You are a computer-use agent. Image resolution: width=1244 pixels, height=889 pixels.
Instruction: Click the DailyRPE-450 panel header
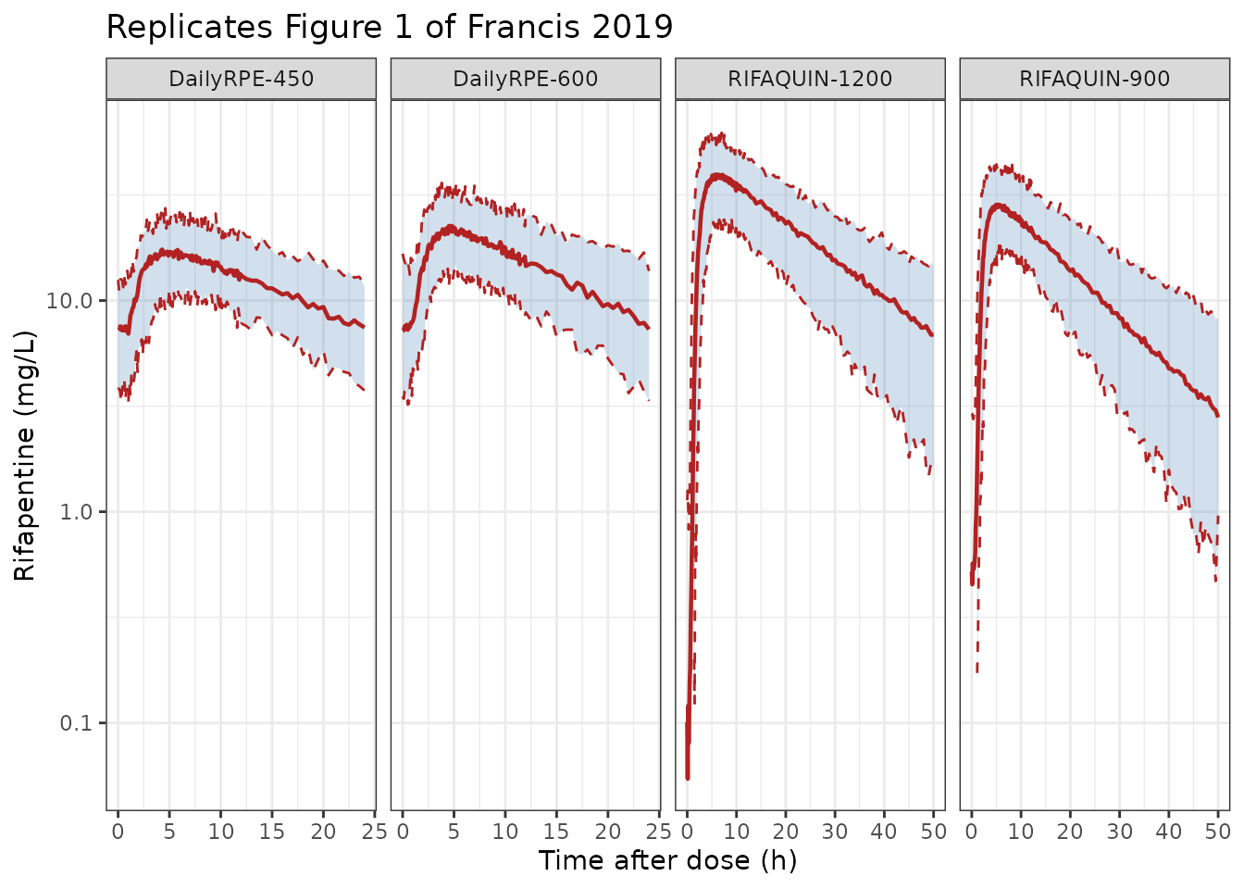[241, 79]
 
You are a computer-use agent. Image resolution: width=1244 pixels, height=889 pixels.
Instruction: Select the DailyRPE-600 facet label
[526, 79]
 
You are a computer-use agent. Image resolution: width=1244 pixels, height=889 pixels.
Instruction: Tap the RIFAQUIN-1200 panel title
[810, 79]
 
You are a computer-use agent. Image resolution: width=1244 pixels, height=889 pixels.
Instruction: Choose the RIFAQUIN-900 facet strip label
[1095, 79]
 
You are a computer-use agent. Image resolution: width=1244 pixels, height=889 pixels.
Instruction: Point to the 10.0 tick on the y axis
[68, 301]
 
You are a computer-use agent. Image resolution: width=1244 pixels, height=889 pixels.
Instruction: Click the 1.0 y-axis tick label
[76, 512]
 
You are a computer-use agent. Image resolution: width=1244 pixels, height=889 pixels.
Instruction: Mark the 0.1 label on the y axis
[76, 723]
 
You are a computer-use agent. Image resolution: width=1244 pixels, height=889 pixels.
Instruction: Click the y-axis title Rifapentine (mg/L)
[24, 456]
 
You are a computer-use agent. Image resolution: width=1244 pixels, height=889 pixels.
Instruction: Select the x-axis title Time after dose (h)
[667, 860]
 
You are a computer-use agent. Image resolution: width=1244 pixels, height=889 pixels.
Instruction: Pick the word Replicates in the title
[189, 27]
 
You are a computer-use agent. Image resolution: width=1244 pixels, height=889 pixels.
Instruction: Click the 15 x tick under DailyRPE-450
[271, 832]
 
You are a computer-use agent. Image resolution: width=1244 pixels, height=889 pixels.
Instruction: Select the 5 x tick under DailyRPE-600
[454, 832]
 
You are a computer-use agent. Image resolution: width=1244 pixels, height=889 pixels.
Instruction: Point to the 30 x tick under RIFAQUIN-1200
[835, 832]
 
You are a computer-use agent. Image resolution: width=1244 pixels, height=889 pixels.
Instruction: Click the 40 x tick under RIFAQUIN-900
[1168, 832]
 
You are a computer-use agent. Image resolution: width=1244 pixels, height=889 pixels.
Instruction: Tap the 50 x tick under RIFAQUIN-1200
[934, 832]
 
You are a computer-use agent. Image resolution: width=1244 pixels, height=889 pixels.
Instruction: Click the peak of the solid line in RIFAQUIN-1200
[718, 176]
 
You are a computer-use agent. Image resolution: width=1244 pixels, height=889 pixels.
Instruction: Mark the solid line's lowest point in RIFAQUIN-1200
[688, 778]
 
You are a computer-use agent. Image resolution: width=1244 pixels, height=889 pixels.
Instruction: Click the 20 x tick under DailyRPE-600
[607, 832]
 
